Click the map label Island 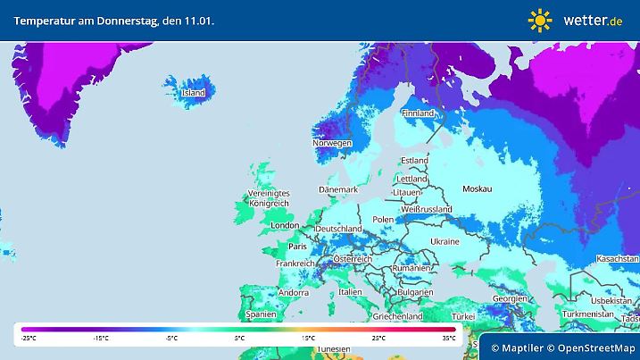[x=194, y=93]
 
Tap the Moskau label [x=478, y=189]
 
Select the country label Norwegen [x=331, y=143]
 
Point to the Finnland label [x=418, y=114]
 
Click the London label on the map [x=285, y=226]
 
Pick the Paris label [x=297, y=246]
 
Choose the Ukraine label [x=445, y=242]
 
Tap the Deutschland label [x=338, y=230]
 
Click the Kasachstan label [x=614, y=258]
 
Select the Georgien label [x=510, y=298]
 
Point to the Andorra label [x=294, y=292]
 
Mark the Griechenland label [x=398, y=316]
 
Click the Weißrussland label [x=426, y=210]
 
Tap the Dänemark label [x=338, y=190]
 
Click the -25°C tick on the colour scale [x=29, y=339]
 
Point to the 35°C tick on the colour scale [x=448, y=339]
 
